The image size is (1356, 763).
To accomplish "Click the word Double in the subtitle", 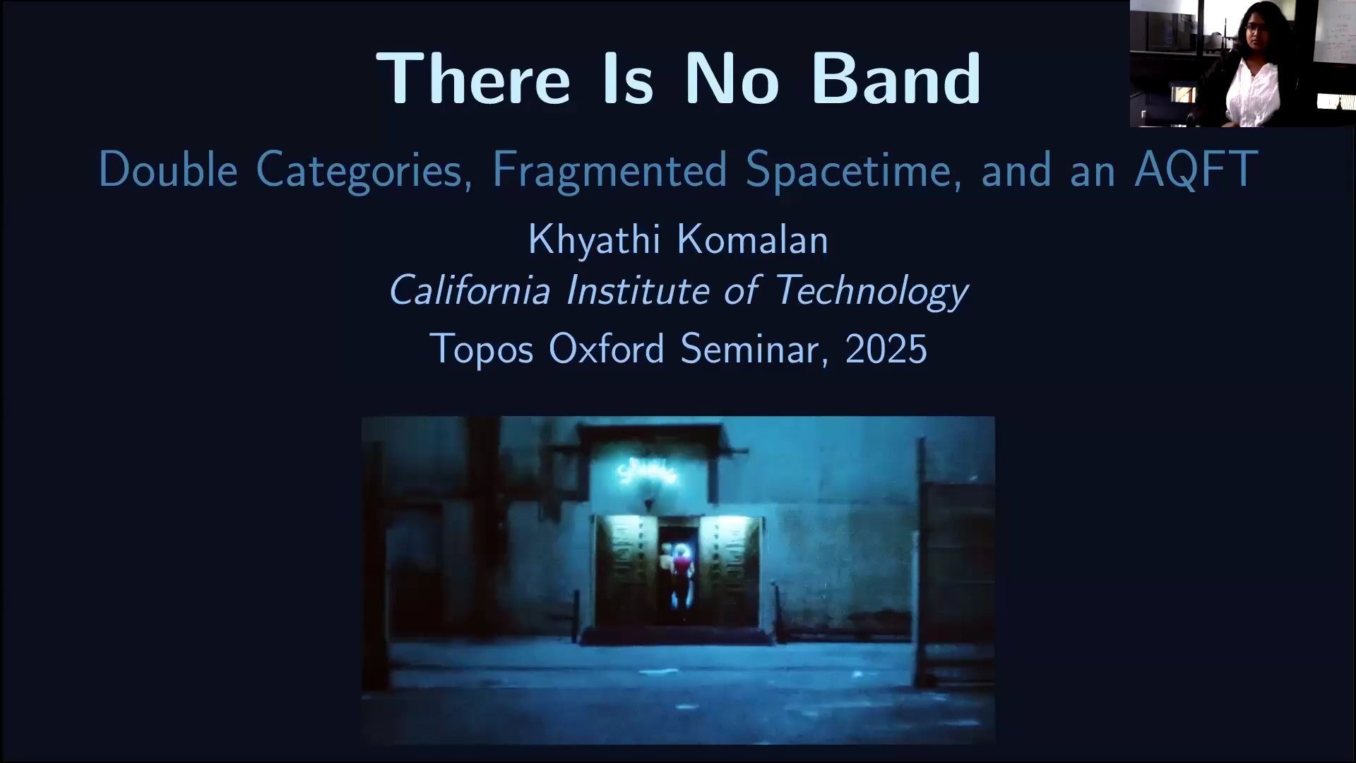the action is point(168,170).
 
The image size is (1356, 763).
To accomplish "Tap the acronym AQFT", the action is point(1196,170).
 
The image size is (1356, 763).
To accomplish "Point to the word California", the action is point(470,290).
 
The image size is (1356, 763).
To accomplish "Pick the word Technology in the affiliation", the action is point(872,291).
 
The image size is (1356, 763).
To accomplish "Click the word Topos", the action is point(482,349).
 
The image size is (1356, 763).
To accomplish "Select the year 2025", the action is point(886,349).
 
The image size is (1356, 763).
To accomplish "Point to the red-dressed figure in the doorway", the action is point(680,576).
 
